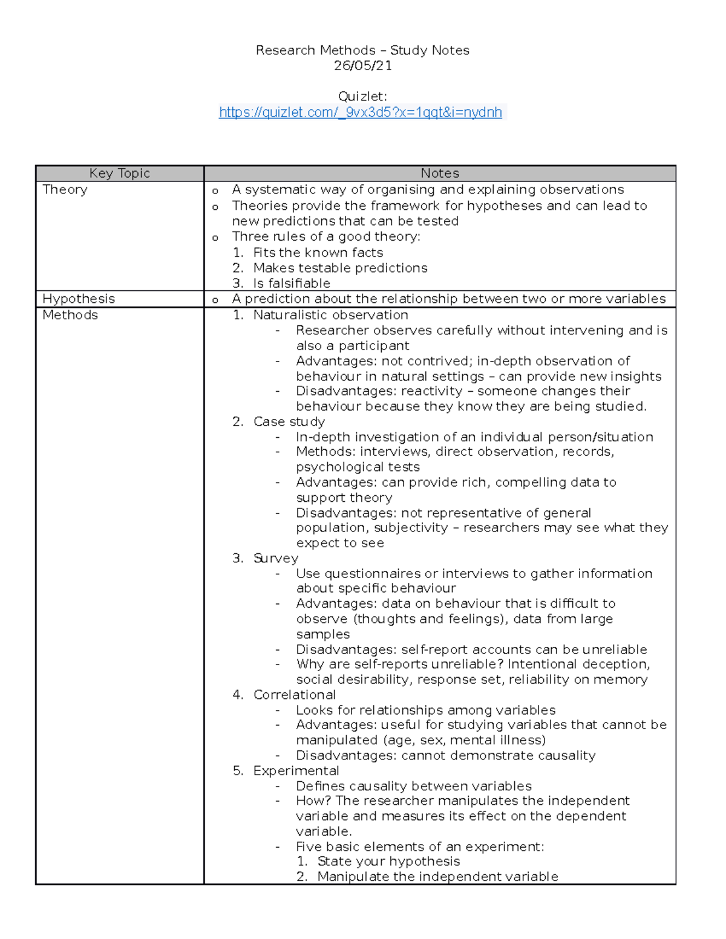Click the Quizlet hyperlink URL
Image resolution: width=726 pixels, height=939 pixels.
pos(361,112)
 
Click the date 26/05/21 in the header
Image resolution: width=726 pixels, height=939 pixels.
pos(362,66)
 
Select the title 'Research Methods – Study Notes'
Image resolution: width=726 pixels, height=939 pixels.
pos(362,50)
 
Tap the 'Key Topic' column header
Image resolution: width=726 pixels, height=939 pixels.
pos(119,174)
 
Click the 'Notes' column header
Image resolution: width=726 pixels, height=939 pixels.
pos(440,174)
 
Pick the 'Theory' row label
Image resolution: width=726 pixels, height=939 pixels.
pos(65,190)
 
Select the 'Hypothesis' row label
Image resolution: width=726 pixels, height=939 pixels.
pos(79,299)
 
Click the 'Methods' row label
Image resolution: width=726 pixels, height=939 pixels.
pos(70,315)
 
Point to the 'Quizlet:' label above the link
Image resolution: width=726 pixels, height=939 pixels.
pos(362,97)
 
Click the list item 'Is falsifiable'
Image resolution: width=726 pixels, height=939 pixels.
pos(292,284)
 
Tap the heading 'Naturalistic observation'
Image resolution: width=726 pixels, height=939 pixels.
pos(330,315)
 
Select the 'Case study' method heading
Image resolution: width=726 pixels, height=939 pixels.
pos(289,421)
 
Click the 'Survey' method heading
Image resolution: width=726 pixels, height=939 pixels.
pos(276,558)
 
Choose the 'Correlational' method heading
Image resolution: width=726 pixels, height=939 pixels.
pos(295,695)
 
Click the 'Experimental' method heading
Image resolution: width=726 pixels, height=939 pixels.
pos(296,771)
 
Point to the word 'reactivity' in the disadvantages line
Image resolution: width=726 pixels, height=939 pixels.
pos(433,391)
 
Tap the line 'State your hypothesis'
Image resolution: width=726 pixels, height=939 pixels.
pos(388,862)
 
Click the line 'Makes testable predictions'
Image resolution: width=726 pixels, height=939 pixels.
pos(340,268)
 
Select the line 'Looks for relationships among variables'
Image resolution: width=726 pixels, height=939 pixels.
pos(426,710)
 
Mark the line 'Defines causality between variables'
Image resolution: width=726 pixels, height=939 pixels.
pos(414,786)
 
